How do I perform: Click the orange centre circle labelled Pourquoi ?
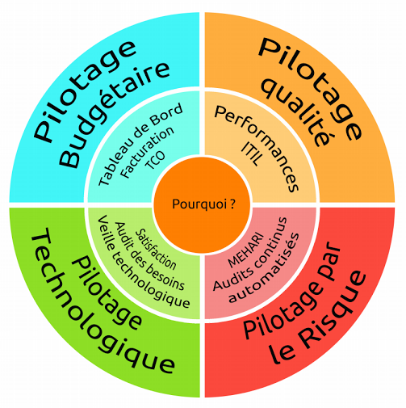coord(202,204)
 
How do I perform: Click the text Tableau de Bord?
coord(140,145)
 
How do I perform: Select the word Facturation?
coord(147,152)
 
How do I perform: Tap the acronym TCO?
coord(155,160)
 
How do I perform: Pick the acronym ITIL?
coord(251,154)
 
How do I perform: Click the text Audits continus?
coord(250,254)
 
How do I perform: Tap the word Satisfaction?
coord(156,249)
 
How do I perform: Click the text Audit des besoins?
coord(150,256)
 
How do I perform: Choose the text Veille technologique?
coord(144,262)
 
